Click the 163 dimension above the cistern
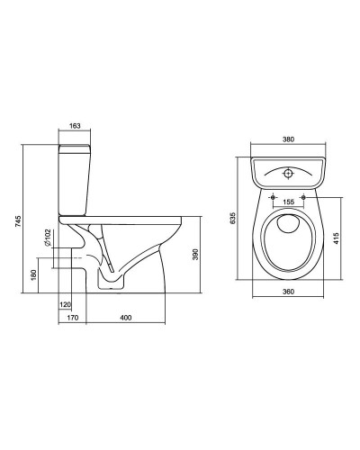click(75, 126)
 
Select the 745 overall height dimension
click(18, 220)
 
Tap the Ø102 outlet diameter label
click(48, 238)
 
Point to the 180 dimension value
click(33, 275)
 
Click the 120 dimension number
click(66, 305)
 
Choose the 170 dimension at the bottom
click(73, 318)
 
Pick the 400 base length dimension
click(126, 318)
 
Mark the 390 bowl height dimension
click(195, 255)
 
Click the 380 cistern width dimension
click(289, 139)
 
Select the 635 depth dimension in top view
click(233, 219)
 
